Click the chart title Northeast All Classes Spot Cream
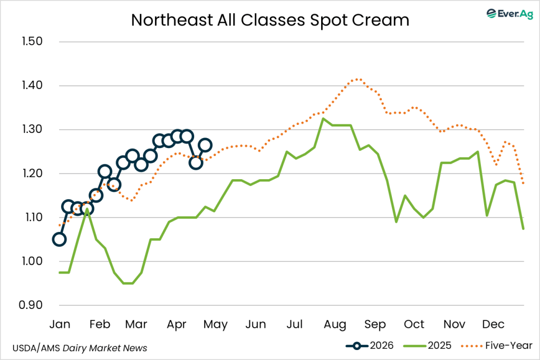pyautogui.click(x=270, y=20)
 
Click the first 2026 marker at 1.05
pyautogui.click(x=60, y=239)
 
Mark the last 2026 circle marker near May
pyautogui.click(x=205, y=145)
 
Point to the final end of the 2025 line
pyautogui.click(x=523, y=229)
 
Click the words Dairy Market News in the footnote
pyautogui.click(x=114, y=348)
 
